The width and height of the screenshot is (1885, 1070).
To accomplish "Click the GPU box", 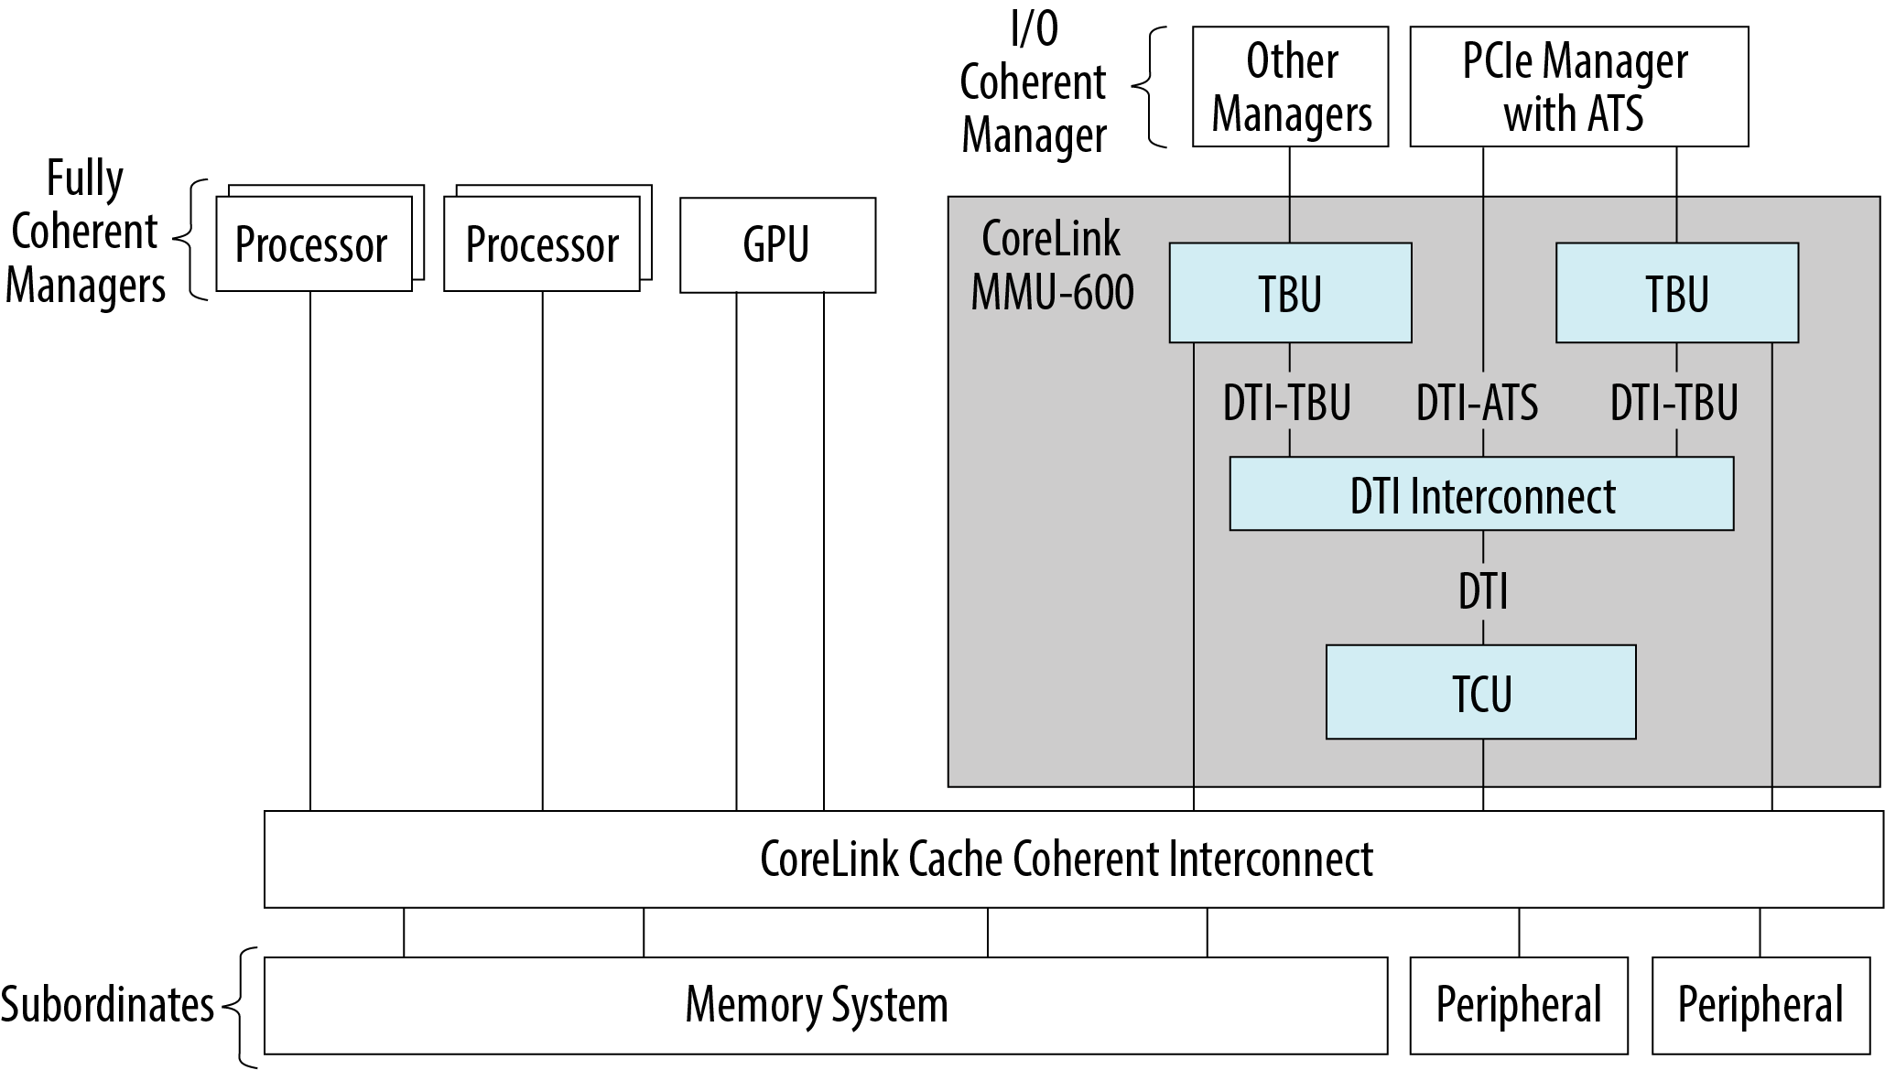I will coord(777,245).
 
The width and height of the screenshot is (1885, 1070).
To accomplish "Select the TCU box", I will coord(1480,692).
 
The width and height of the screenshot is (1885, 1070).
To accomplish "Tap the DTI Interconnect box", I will coord(1481,494).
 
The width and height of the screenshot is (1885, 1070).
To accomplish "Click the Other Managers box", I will coord(1290,87).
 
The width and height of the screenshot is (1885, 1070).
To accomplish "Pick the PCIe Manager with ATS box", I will coord(1577,87).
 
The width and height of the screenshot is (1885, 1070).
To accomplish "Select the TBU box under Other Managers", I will coord(1290,293).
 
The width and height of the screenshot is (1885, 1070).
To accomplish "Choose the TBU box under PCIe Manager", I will coord(1676,293).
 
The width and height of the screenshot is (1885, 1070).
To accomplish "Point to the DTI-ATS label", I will coord(1477,403).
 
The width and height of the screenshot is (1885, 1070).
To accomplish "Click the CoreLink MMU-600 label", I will coord(1052,265).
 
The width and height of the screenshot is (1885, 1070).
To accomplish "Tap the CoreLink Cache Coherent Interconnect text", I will coord(1067,859).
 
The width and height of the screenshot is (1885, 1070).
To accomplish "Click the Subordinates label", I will coord(107,1005).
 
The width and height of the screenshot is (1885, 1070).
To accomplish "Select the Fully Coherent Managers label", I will coord(85,232).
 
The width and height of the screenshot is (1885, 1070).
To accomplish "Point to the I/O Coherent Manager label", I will coord(1034,84).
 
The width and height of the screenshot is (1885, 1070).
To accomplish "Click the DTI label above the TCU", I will coord(1482,590).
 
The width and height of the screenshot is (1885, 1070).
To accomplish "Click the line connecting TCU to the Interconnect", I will coord(1483,774).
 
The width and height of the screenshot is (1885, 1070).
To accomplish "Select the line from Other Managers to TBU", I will coord(1290,194).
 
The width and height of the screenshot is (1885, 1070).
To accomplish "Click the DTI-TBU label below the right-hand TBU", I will coord(1674,403).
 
